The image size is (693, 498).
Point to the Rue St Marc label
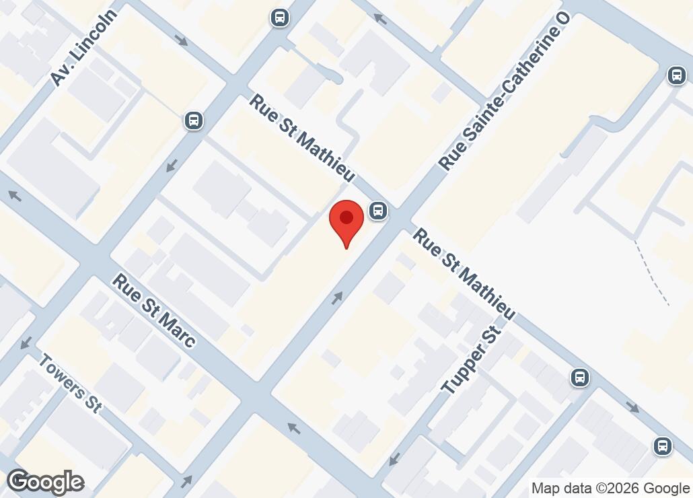(x=154, y=310)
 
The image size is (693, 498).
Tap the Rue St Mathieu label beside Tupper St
(x=464, y=274)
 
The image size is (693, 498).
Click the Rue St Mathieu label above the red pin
(x=302, y=138)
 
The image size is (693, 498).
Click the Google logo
(x=45, y=482)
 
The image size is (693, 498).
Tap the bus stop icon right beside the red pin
(x=379, y=211)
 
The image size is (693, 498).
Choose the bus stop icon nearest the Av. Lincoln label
(x=194, y=120)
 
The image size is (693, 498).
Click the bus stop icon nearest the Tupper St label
(x=579, y=378)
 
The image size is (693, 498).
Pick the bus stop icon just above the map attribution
(x=663, y=445)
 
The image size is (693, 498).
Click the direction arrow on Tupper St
(x=394, y=460)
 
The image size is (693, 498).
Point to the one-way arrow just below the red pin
(x=336, y=297)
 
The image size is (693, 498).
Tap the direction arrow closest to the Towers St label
(x=26, y=343)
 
